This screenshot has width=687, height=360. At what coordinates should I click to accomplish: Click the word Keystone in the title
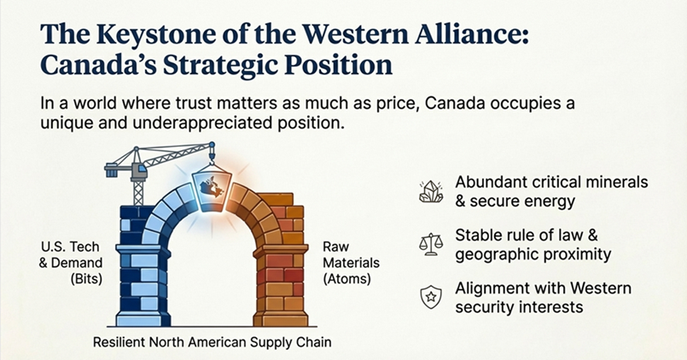[136, 35]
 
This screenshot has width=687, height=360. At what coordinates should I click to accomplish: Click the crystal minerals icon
[432, 192]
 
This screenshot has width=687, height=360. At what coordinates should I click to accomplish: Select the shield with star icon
[432, 296]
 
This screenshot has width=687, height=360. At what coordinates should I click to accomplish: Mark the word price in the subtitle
[433, 102]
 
